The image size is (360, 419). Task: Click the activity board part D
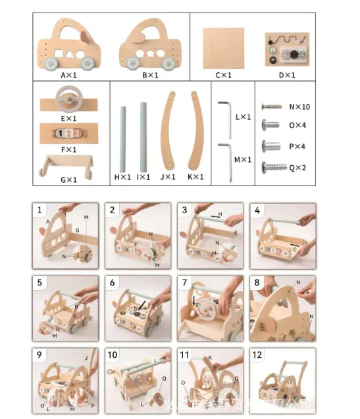point(287,49)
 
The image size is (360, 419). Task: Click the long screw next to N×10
point(271,106)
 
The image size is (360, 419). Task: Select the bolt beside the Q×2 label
point(272,167)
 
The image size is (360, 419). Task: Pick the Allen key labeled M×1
point(225,159)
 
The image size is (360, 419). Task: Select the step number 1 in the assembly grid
point(40,210)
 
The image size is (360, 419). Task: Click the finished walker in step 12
point(283,385)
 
